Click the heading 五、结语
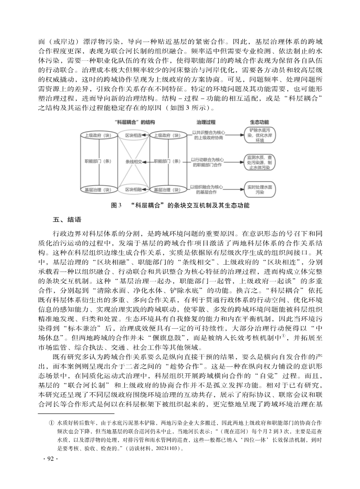(67, 220)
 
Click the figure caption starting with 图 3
(180, 206)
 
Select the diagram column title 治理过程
(206, 123)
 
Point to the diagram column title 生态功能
(260, 123)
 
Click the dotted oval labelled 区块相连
(133, 135)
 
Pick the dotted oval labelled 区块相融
(133, 189)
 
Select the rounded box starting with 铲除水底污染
(260, 135)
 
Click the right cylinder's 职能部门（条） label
(168, 161)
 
